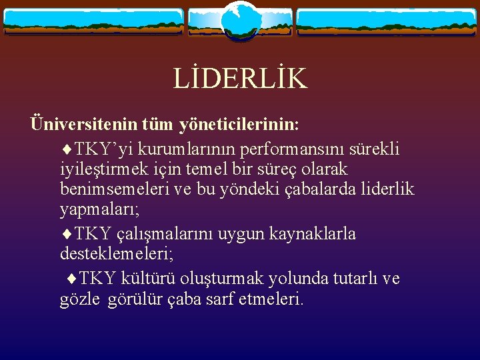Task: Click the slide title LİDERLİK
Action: pos(240,79)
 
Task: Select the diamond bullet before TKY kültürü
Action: pos(71,278)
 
